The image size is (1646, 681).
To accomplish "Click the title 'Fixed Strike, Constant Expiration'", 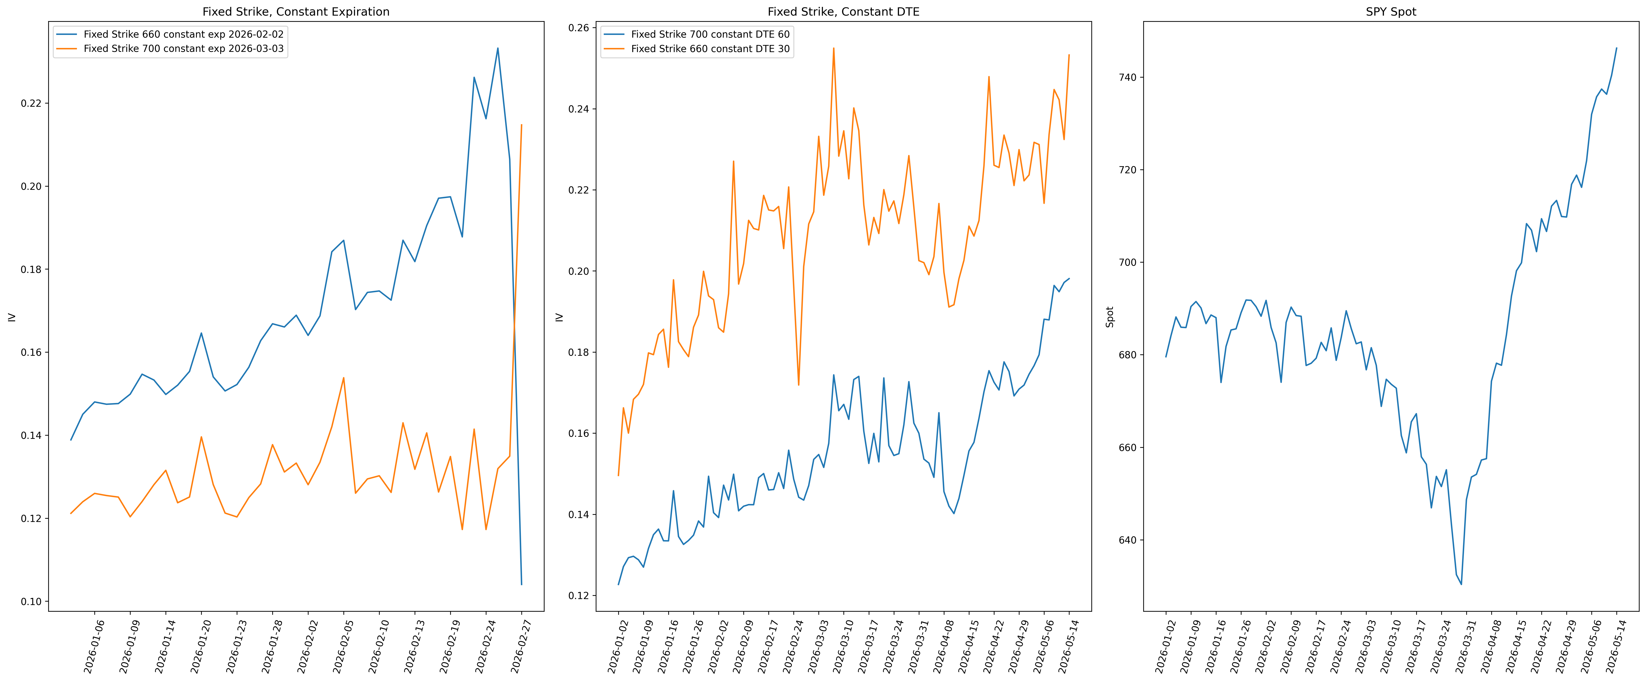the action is click(x=296, y=11).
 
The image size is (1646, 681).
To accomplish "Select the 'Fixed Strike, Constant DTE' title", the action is click(x=843, y=11).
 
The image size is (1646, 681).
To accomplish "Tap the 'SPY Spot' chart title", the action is click(x=1391, y=11).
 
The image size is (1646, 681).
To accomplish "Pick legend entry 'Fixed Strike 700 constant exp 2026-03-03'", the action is click(x=183, y=49).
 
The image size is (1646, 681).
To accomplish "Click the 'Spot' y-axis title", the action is click(x=1110, y=317).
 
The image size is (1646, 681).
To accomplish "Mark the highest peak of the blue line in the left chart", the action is click(x=498, y=48).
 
